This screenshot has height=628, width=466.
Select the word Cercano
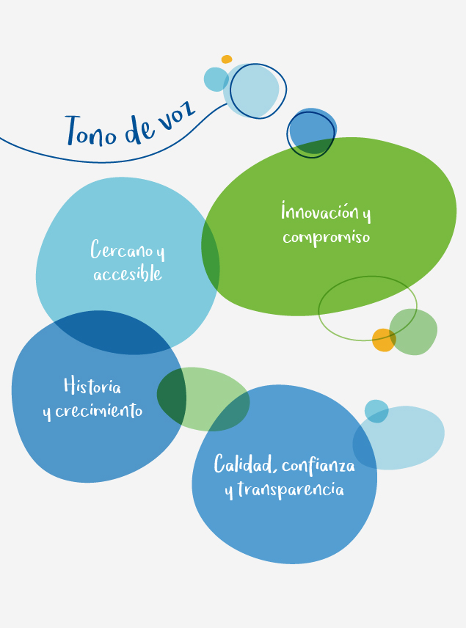coord(121,249)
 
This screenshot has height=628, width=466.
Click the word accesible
coord(128,274)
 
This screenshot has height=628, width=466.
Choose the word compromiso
coord(326,237)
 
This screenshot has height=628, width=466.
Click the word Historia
coord(92,385)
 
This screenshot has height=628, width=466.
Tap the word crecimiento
coord(98,411)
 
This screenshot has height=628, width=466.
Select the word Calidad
coord(244,464)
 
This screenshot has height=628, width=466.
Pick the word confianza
coord(318,466)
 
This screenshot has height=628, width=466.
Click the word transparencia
coord(291,490)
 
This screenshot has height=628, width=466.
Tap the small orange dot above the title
coord(227,59)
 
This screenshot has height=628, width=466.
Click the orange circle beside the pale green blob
coord(384,340)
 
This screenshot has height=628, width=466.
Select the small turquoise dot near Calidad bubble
coord(376,411)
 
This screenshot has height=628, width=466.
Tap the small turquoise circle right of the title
coord(216,79)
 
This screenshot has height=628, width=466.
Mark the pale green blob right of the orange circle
coord(413,332)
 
